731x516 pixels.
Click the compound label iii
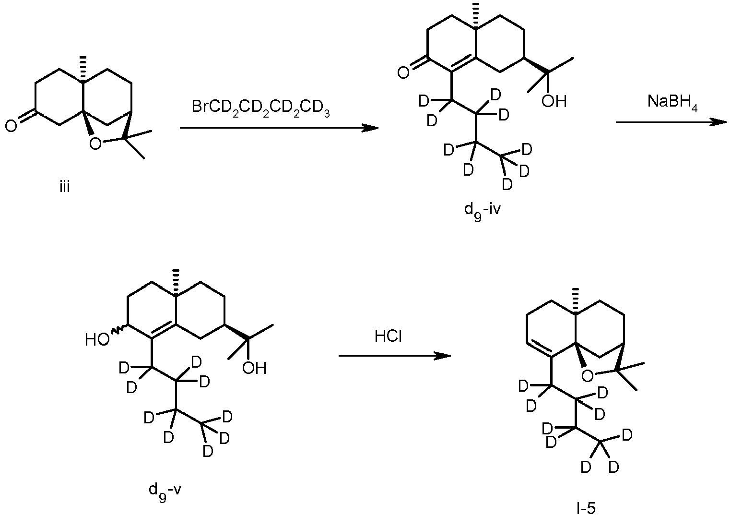pyautogui.click(x=65, y=188)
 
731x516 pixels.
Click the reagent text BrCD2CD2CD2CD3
pyautogui.click(x=261, y=108)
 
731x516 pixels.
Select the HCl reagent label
pyautogui.click(x=388, y=336)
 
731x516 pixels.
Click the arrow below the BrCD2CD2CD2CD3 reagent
pyautogui.click(x=279, y=128)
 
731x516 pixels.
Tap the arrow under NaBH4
pyautogui.click(x=671, y=122)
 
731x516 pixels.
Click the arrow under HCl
pyautogui.click(x=395, y=356)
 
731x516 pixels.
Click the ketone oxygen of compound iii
pyautogui.click(x=11, y=126)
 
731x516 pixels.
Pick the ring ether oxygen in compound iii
pyautogui.click(x=95, y=143)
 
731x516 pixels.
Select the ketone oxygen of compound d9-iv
pyautogui.click(x=403, y=72)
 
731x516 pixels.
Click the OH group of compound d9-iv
pyautogui.click(x=554, y=101)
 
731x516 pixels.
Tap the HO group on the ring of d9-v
pyautogui.click(x=97, y=340)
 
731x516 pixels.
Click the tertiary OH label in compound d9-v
pyautogui.click(x=254, y=368)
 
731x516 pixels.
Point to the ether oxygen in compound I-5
pyautogui.click(x=587, y=376)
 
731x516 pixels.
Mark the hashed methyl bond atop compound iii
pyautogui.click(x=83, y=68)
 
